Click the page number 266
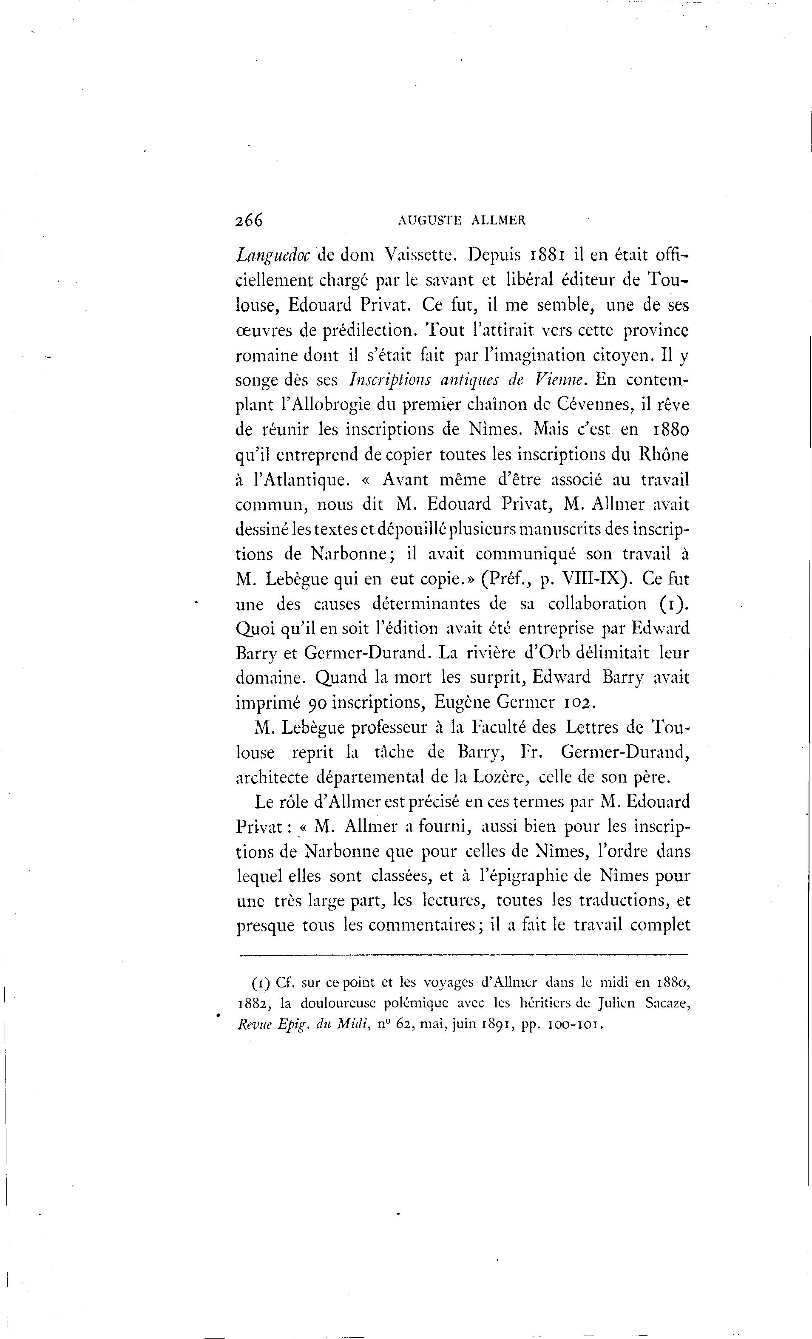pyautogui.click(x=249, y=220)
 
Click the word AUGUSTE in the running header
pyautogui.click(x=429, y=221)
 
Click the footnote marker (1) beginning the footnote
pyautogui.click(x=261, y=983)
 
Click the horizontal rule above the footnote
pyautogui.click(x=464, y=955)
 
